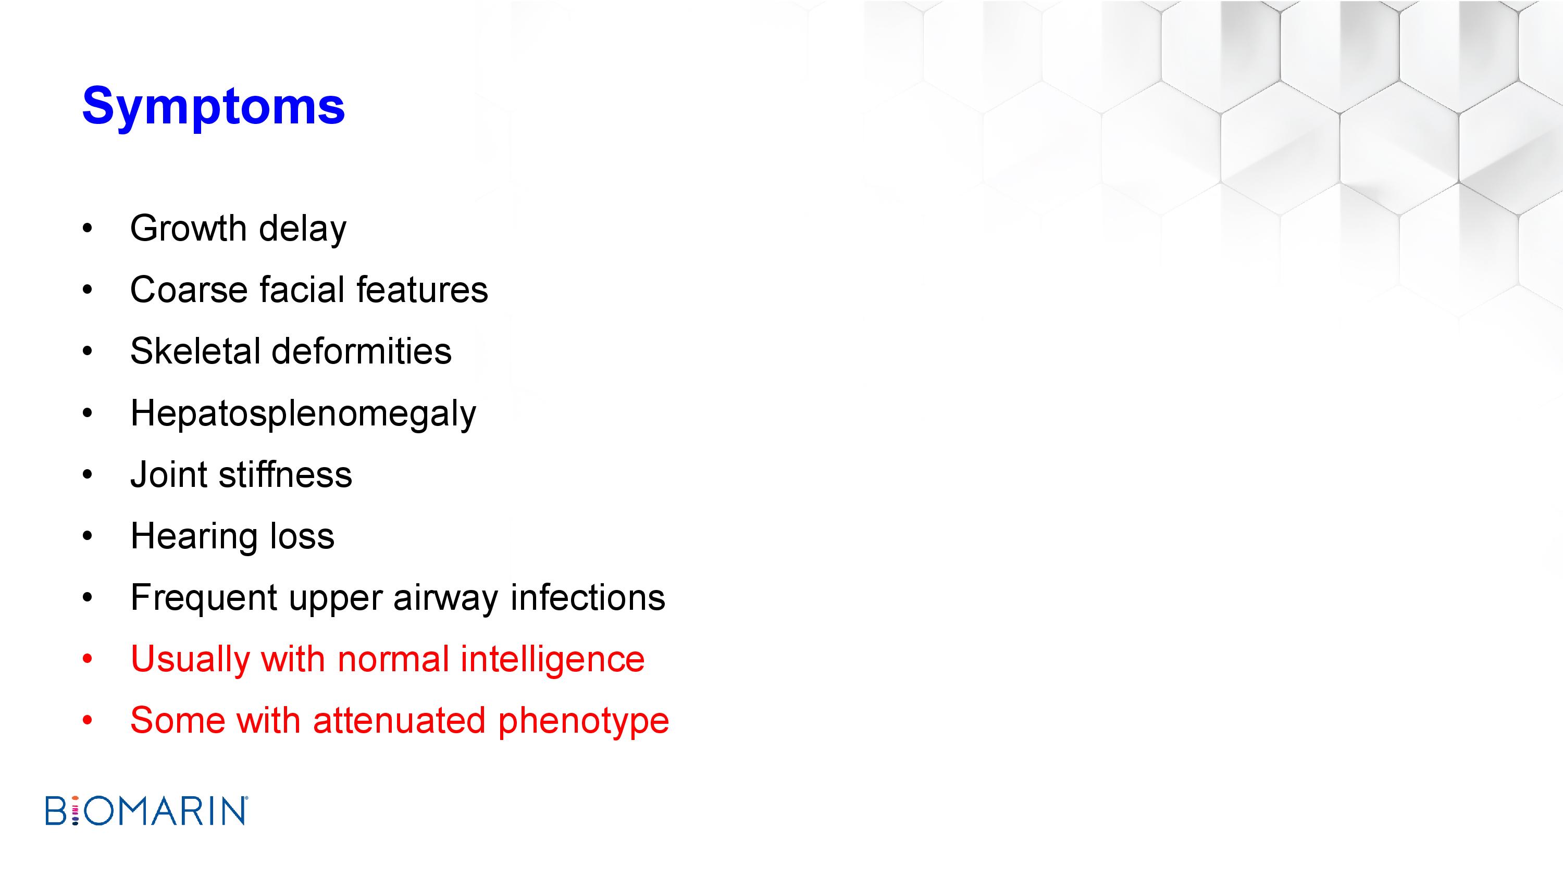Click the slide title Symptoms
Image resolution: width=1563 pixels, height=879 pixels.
coord(214,107)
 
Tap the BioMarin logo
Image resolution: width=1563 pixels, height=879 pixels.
coord(146,810)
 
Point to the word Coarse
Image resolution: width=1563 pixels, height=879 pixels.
coord(189,290)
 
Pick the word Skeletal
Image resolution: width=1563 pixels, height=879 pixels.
coord(194,351)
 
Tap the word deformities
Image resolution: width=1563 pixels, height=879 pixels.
coord(361,351)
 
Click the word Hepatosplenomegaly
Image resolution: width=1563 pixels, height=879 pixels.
coord(303,413)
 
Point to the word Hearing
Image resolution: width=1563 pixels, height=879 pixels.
coord(194,537)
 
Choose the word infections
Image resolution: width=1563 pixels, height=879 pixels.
coord(588,597)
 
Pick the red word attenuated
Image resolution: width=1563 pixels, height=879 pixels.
coord(399,721)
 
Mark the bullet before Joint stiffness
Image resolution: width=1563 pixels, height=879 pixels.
coord(88,474)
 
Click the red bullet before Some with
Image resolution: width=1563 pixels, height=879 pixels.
coord(88,721)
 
